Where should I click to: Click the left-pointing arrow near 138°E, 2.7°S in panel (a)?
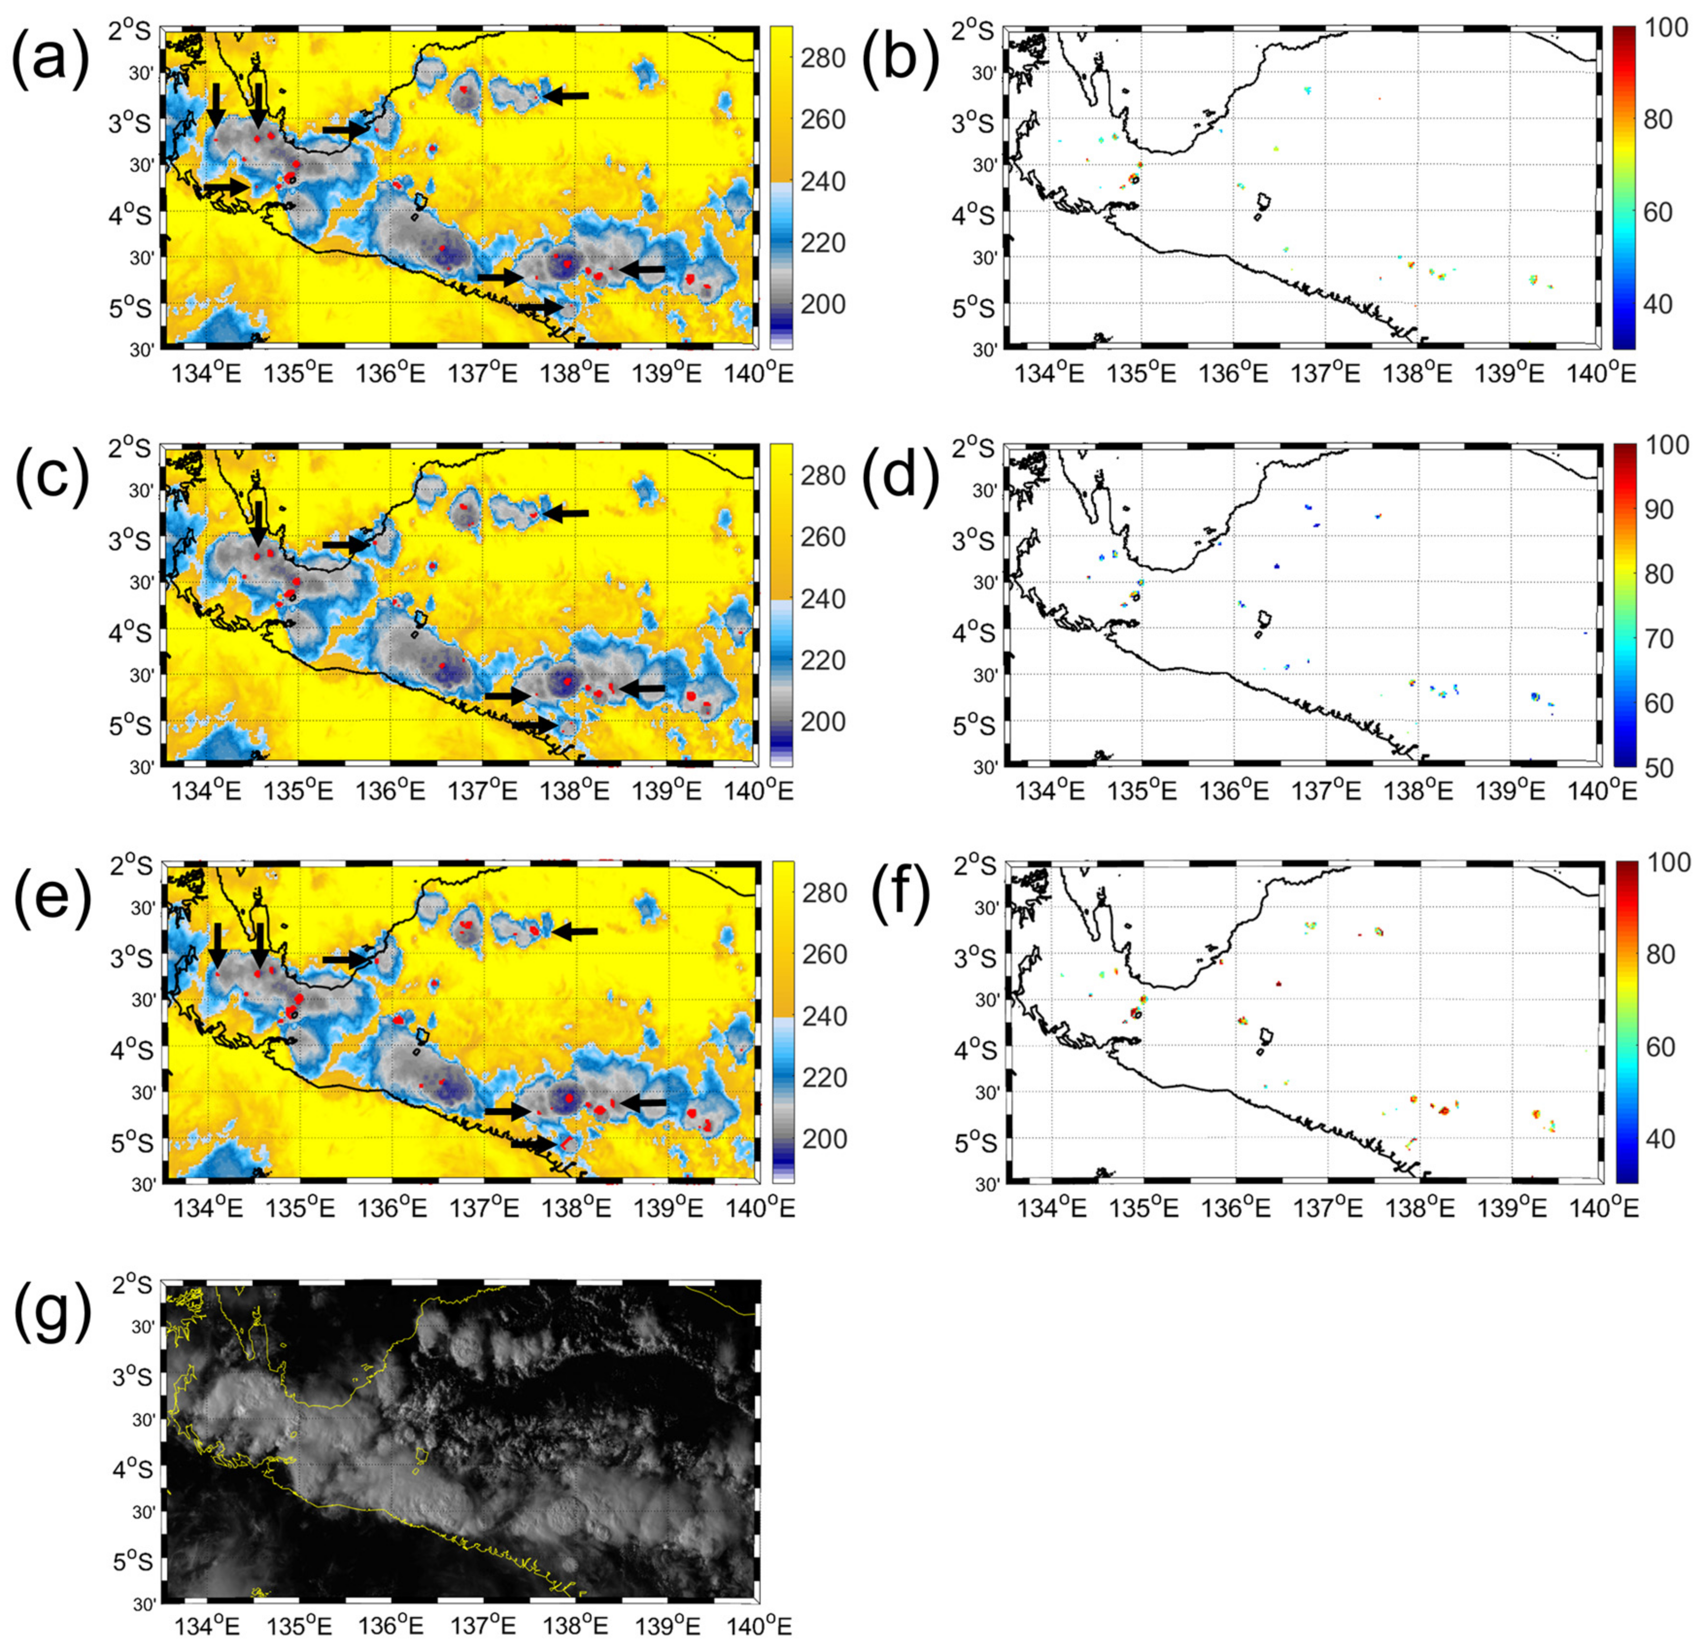pos(566,96)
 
